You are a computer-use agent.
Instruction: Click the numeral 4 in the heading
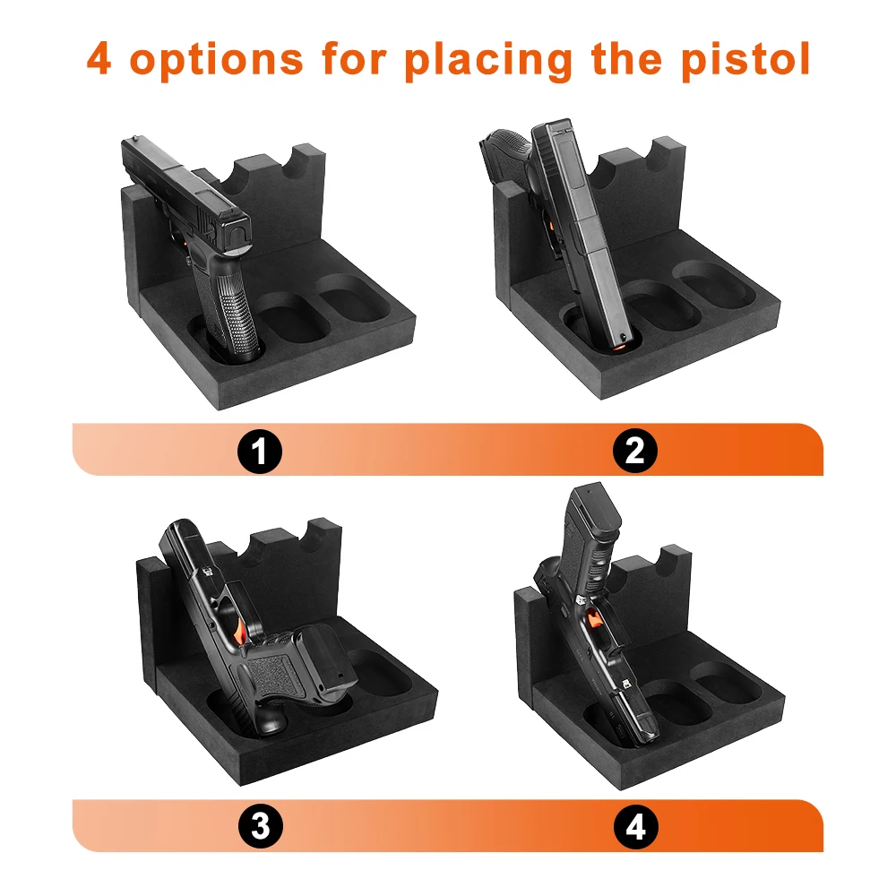click(x=99, y=59)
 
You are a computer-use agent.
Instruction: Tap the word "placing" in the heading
click(x=489, y=59)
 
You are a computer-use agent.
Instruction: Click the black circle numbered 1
click(x=260, y=452)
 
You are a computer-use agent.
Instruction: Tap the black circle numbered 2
click(x=635, y=452)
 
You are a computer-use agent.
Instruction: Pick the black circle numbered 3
click(x=260, y=826)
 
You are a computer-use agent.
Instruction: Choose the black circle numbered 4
click(x=635, y=826)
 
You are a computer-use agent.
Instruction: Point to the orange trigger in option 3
click(x=240, y=632)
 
